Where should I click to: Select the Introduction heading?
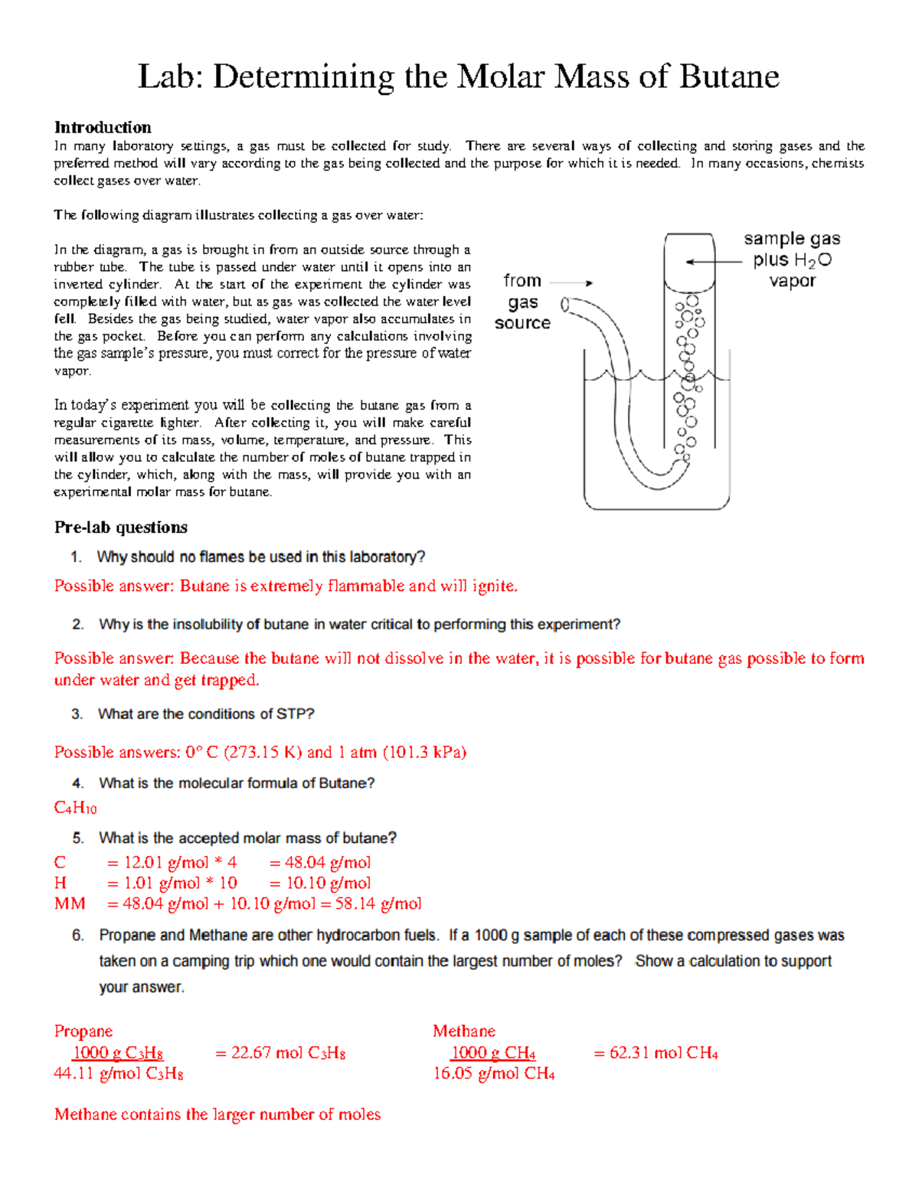click(103, 127)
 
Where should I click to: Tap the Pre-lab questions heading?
click(120, 528)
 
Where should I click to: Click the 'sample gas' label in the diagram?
click(792, 239)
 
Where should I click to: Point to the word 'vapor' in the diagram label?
click(792, 281)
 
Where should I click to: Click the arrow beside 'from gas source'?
click(571, 283)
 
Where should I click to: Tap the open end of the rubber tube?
click(565, 305)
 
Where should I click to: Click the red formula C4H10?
click(75, 808)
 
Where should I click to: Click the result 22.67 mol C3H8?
click(280, 1053)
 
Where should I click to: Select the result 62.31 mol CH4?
click(656, 1053)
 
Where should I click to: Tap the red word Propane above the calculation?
click(83, 1031)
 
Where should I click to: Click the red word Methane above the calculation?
click(464, 1031)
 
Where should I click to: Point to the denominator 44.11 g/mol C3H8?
click(119, 1073)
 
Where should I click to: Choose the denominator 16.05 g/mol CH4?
click(494, 1073)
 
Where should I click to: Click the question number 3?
click(77, 714)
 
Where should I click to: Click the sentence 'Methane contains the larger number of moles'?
click(217, 1115)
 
